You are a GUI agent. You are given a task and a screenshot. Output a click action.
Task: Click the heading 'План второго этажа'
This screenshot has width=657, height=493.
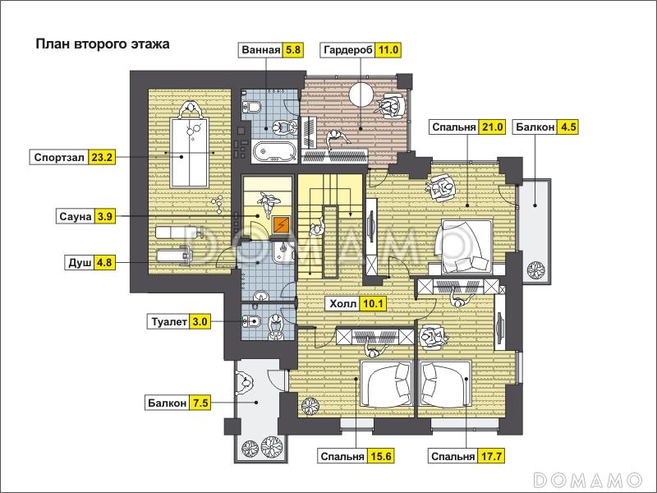102,44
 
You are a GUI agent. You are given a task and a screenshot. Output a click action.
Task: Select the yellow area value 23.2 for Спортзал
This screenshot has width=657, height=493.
102,158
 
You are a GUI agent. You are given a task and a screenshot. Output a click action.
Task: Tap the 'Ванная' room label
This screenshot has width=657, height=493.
260,50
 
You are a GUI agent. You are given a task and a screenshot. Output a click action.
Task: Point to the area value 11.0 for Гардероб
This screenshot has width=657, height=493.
388,50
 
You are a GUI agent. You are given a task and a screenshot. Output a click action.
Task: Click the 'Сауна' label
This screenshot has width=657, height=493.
75,217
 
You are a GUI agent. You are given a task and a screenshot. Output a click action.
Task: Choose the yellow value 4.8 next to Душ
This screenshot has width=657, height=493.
104,263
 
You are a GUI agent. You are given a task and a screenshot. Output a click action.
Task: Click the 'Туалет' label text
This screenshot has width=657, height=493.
169,322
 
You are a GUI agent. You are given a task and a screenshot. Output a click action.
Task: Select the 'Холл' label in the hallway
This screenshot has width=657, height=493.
342,304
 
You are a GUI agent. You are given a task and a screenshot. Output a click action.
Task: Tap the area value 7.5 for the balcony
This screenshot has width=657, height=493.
200,403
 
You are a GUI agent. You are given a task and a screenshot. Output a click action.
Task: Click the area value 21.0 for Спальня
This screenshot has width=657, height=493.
492,127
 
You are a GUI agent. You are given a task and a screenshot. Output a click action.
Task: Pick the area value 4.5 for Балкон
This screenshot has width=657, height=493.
567,127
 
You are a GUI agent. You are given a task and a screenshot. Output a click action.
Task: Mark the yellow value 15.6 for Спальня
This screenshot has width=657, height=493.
381,456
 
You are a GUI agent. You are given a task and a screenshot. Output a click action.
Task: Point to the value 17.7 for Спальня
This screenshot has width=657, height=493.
491,456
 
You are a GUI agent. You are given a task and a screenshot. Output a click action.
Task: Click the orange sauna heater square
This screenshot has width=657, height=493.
280,225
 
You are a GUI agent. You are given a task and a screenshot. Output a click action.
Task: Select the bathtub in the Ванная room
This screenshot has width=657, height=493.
274,152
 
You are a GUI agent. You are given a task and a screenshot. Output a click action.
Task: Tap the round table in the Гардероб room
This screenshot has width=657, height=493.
361,94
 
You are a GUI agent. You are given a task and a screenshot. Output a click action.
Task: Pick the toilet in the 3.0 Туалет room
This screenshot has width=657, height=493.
250,321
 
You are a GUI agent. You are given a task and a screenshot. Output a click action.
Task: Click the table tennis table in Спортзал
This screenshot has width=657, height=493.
189,153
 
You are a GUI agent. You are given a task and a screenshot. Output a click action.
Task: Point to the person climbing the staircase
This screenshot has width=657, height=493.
316,227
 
